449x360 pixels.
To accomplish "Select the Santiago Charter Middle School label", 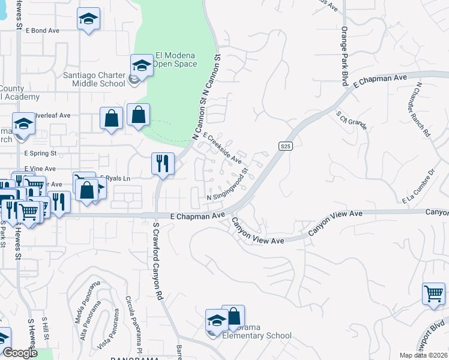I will click(x=94, y=79).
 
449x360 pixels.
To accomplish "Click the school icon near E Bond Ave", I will click(x=88, y=19).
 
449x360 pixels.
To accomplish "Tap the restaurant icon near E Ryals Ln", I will click(x=163, y=163).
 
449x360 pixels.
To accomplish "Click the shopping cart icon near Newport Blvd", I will click(x=433, y=294).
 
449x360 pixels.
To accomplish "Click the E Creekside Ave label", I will click(x=222, y=148).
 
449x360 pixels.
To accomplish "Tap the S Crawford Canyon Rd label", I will click(x=158, y=262).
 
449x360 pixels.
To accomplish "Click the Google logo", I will click(x=20, y=352).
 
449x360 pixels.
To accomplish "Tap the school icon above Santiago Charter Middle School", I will click(x=142, y=64).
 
